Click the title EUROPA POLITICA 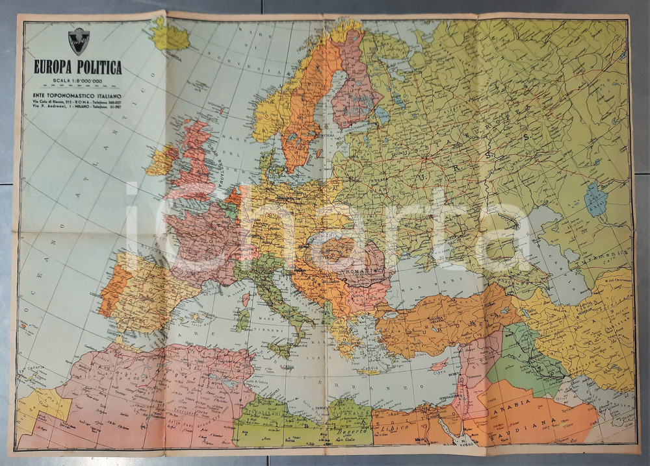[x=77, y=67]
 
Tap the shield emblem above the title [x=79, y=40]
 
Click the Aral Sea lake [x=595, y=199]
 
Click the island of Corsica [x=246, y=300]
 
